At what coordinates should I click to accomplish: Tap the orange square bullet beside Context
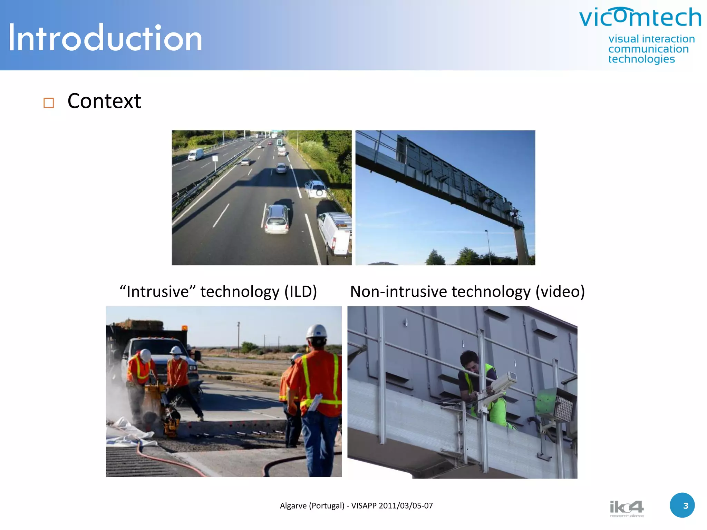tap(49, 103)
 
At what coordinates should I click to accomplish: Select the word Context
tap(104, 101)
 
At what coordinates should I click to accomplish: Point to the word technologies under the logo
tap(641, 59)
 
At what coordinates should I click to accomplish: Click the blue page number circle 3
tap(682, 505)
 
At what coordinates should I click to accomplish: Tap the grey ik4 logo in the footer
tap(627, 508)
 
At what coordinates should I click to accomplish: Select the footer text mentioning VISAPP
tap(356, 506)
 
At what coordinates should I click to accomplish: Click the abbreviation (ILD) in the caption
tap(300, 292)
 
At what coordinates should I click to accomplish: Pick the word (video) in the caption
tap(560, 292)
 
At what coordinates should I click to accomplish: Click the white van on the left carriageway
tap(196, 154)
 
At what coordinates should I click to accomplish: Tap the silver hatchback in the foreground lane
tap(277, 219)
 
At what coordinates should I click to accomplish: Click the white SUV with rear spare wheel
tap(316, 189)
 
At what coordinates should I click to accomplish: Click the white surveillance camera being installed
tap(503, 381)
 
